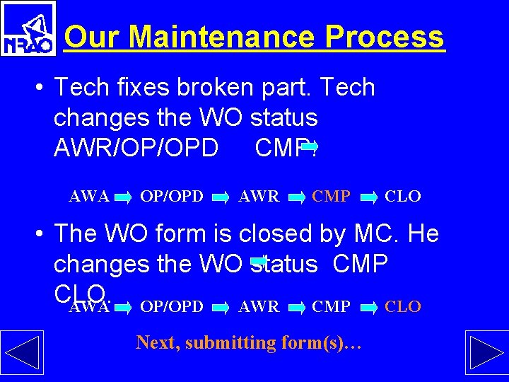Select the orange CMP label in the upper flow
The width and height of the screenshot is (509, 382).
[331, 196]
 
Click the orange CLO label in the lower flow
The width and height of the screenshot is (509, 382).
[403, 306]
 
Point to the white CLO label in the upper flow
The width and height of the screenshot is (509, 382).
[403, 196]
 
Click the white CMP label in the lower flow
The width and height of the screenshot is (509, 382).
[331, 306]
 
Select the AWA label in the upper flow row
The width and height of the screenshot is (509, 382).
[89, 196]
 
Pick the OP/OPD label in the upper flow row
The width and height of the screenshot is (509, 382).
[172, 196]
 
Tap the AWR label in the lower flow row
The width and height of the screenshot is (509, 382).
[259, 306]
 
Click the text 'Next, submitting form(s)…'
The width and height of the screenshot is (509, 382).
[249, 343]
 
